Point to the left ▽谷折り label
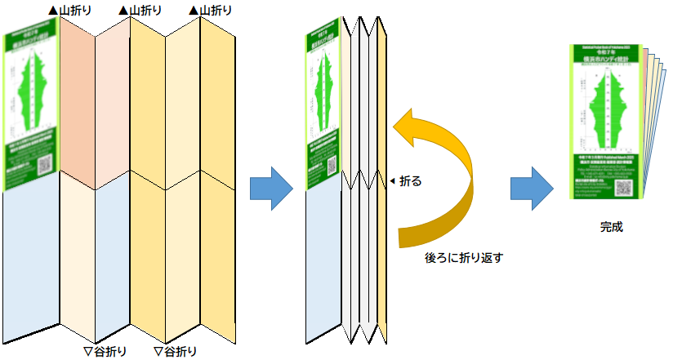click(106, 352)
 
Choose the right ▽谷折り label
click(175, 352)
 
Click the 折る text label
click(411, 181)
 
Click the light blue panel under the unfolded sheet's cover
click(31, 261)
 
